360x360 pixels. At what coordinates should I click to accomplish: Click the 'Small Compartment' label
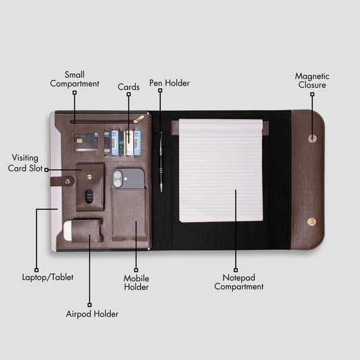(74, 79)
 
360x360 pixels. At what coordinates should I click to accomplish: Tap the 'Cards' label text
(128, 87)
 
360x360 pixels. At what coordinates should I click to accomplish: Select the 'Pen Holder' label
(170, 83)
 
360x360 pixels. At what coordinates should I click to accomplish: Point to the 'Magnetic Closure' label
(312, 80)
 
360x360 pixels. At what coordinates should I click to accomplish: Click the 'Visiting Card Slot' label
(25, 163)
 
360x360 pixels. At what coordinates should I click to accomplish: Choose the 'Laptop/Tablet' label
(48, 277)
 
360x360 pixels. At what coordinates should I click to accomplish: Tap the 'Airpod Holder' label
(92, 314)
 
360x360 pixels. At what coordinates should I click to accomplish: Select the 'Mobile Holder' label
(136, 282)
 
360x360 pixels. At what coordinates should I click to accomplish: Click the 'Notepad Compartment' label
(239, 282)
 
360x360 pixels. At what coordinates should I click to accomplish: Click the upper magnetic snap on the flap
(312, 138)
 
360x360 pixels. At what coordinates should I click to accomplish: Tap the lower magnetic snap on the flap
(311, 222)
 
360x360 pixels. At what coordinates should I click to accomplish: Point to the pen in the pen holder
(161, 162)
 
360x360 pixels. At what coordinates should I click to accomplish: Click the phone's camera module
(118, 178)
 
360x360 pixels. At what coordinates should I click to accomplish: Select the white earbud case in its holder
(68, 230)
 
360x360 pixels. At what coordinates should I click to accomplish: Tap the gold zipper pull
(139, 120)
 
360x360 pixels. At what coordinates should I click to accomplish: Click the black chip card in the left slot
(86, 142)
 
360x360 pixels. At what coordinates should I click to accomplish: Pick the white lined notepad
(221, 170)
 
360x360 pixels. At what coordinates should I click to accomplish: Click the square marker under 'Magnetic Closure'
(312, 94)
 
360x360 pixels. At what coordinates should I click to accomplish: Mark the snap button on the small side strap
(68, 182)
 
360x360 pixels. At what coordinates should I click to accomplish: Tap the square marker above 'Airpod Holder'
(90, 305)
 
